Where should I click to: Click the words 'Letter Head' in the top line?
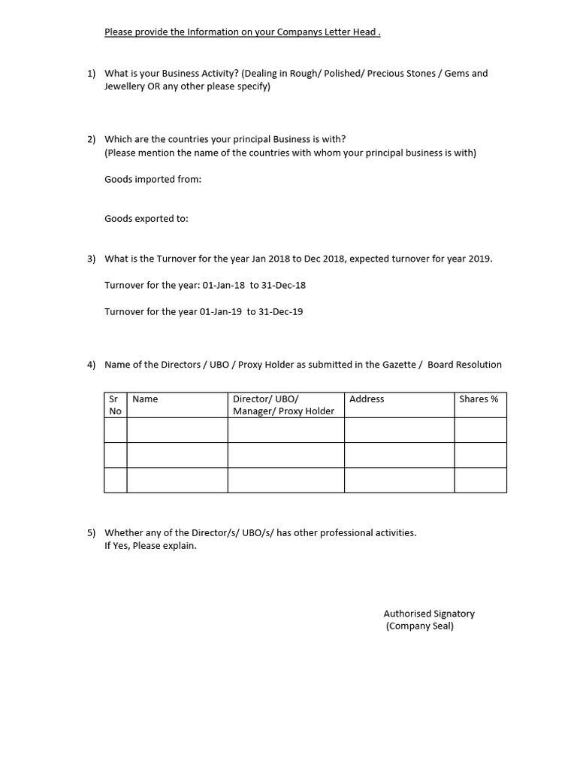pos(351,32)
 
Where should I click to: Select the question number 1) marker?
pos(92,74)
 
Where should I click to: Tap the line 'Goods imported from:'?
pos(153,179)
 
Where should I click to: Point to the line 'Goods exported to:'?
pos(147,219)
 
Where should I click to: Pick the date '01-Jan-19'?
pos(221,311)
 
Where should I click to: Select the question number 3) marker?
pos(92,259)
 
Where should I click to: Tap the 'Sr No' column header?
pos(115,405)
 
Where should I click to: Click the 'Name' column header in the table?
pos(145,399)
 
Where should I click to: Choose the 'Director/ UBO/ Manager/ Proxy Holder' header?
pos(284,405)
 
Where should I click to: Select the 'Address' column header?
pos(367,399)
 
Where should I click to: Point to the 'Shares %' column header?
pos(479,399)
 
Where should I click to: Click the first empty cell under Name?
pos(177,430)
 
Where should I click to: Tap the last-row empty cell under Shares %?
pos(480,480)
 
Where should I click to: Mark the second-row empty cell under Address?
pos(399,455)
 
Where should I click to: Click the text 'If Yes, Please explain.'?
pos(150,546)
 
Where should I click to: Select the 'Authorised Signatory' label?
pos(429,614)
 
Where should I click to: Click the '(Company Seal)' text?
pos(420,626)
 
